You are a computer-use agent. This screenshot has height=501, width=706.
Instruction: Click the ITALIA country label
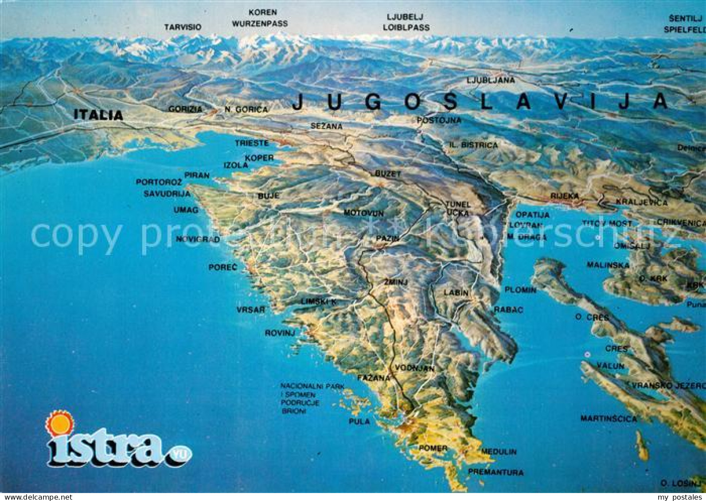[98, 115]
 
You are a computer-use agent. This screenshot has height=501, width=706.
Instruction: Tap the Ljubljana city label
[490, 80]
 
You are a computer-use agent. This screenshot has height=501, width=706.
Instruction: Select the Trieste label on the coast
[252, 143]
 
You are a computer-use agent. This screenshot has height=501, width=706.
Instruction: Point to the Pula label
[359, 421]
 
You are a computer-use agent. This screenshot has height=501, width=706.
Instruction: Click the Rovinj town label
[280, 333]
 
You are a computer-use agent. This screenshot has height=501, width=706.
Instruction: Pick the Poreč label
[223, 267]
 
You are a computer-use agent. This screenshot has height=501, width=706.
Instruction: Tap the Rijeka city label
[564, 195]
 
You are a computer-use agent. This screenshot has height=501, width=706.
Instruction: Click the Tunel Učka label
[458, 208]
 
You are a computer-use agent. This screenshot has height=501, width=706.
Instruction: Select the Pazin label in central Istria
[387, 238]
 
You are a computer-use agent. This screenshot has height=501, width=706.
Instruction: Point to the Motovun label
[363, 213]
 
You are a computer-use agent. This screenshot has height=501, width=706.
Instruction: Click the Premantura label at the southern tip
[495, 472]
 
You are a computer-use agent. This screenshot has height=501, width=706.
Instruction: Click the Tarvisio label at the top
[183, 27]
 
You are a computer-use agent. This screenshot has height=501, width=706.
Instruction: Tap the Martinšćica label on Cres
[608, 419]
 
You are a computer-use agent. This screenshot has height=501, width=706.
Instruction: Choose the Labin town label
[456, 292]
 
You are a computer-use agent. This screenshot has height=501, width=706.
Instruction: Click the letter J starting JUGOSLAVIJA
[298, 102]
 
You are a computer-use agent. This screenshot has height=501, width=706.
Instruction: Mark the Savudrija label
[167, 194]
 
